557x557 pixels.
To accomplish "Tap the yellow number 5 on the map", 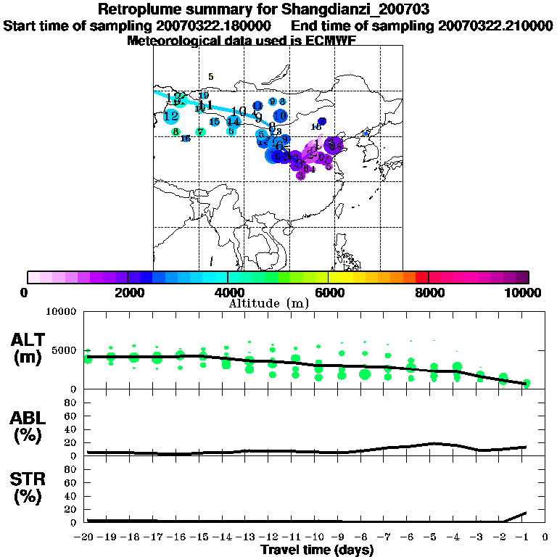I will [x=210, y=76].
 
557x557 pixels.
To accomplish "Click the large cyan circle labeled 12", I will [x=171, y=116].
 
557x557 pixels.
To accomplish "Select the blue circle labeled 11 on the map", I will [x=257, y=106].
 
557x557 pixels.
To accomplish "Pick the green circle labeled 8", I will [x=176, y=131].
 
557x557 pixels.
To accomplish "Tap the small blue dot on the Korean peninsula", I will [x=366, y=133].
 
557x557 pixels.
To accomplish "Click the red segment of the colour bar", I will [x=421, y=277].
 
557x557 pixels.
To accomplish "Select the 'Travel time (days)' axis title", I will [x=317, y=550].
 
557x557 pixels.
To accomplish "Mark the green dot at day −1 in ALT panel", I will [x=527, y=383].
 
